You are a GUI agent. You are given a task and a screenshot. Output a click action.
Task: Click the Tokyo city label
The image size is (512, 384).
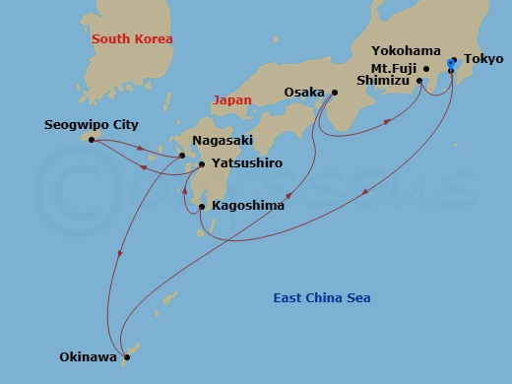(x=482, y=59)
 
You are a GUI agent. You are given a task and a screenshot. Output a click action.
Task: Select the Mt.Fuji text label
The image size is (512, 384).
(x=398, y=69)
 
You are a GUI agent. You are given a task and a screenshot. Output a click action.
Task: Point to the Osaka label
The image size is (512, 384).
(x=303, y=94)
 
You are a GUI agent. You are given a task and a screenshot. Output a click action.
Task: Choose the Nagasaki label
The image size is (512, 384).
(x=217, y=142)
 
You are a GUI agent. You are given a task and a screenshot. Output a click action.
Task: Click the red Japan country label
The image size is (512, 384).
(x=232, y=99)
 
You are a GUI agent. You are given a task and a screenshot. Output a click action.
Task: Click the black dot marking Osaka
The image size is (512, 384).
(x=334, y=94)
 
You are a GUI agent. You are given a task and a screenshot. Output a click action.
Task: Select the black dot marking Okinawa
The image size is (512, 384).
(x=127, y=357)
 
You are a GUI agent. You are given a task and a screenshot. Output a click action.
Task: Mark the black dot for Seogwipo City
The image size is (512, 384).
(x=92, y=140)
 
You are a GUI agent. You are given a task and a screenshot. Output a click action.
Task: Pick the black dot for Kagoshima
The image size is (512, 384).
(x=202, y=207)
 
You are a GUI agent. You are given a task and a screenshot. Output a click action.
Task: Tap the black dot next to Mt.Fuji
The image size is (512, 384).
(x=426, y=69)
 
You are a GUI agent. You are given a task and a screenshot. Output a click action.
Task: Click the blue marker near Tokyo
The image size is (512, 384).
(x=451, y=63)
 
